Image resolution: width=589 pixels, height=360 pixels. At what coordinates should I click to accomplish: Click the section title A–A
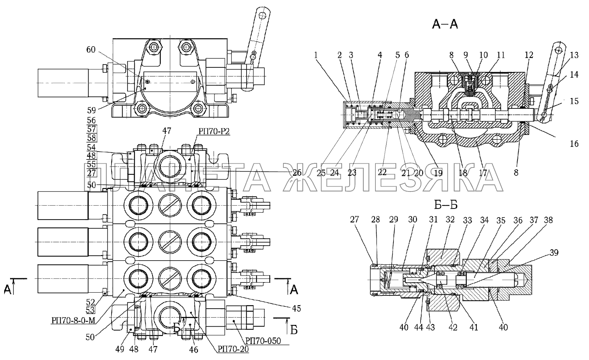coord(445,24)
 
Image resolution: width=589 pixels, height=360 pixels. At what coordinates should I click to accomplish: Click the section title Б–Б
coord(446,205)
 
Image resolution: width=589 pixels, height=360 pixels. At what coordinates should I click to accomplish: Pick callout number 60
coord(91,50)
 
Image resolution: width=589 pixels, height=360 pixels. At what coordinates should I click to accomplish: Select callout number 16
coord(574,143)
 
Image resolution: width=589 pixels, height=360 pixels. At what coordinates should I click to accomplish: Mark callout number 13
coord(574,55)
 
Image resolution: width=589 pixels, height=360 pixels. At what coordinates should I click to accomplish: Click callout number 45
coord(296,308)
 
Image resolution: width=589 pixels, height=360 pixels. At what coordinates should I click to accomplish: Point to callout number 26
coord(296,172)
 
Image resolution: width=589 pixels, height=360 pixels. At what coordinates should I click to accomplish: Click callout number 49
coord(120,349)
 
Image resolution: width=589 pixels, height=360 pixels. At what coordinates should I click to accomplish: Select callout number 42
coord(453,327)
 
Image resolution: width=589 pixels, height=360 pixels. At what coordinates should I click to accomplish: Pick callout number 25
coord(321,172)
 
